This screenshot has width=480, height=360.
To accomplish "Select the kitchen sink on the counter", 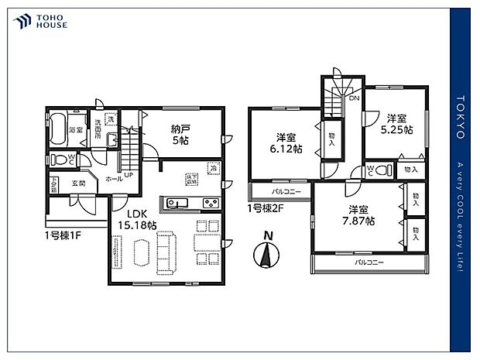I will point(174,204).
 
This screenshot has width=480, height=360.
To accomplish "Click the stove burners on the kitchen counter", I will point(210,204).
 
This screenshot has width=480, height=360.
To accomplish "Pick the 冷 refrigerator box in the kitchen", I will point(212,167).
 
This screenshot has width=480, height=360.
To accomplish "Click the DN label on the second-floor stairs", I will point(354,99).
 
